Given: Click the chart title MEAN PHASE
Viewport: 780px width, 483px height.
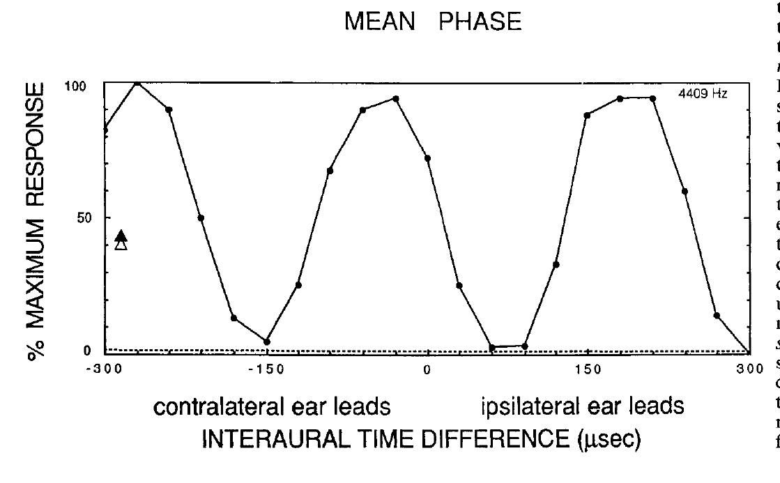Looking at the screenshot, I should coord(433,23).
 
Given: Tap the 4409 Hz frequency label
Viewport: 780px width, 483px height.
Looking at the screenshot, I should coord(702,93).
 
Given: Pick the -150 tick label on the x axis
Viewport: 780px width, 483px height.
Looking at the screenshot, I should coord(266,369).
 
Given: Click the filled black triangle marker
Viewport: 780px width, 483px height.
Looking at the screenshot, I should coord(121,236).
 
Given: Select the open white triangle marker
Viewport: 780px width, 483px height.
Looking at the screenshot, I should coord(121,245).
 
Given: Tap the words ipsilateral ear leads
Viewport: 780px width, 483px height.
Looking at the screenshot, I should coord(582,406).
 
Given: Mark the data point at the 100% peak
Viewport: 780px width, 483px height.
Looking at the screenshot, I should coord(137,82).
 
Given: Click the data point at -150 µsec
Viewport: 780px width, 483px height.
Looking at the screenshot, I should coord(266,342).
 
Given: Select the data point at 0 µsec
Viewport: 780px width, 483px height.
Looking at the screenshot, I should coord(427,158).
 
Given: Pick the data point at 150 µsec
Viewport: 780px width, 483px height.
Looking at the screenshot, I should coord(588,115).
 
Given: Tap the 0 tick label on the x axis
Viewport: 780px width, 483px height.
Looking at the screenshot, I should coord(427,369).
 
